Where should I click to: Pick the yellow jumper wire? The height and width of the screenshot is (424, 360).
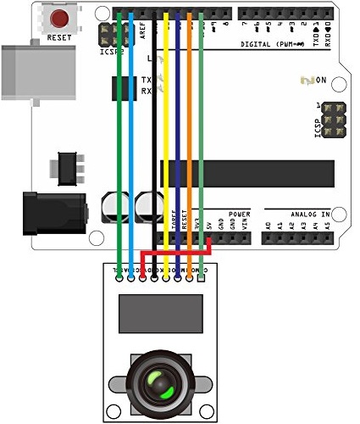(x=167, y=127)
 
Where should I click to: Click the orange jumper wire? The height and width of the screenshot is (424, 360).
(x=190, y=127)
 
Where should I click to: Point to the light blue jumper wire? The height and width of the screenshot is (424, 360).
(x=131, y=127)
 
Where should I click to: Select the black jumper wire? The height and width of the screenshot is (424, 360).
(x=154, y=127)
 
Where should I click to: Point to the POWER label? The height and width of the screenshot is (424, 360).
(x=240, y=214)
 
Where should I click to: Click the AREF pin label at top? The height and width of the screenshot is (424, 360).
(x=142, y=31)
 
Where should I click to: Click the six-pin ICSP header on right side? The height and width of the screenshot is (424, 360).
(x=332, y=123)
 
